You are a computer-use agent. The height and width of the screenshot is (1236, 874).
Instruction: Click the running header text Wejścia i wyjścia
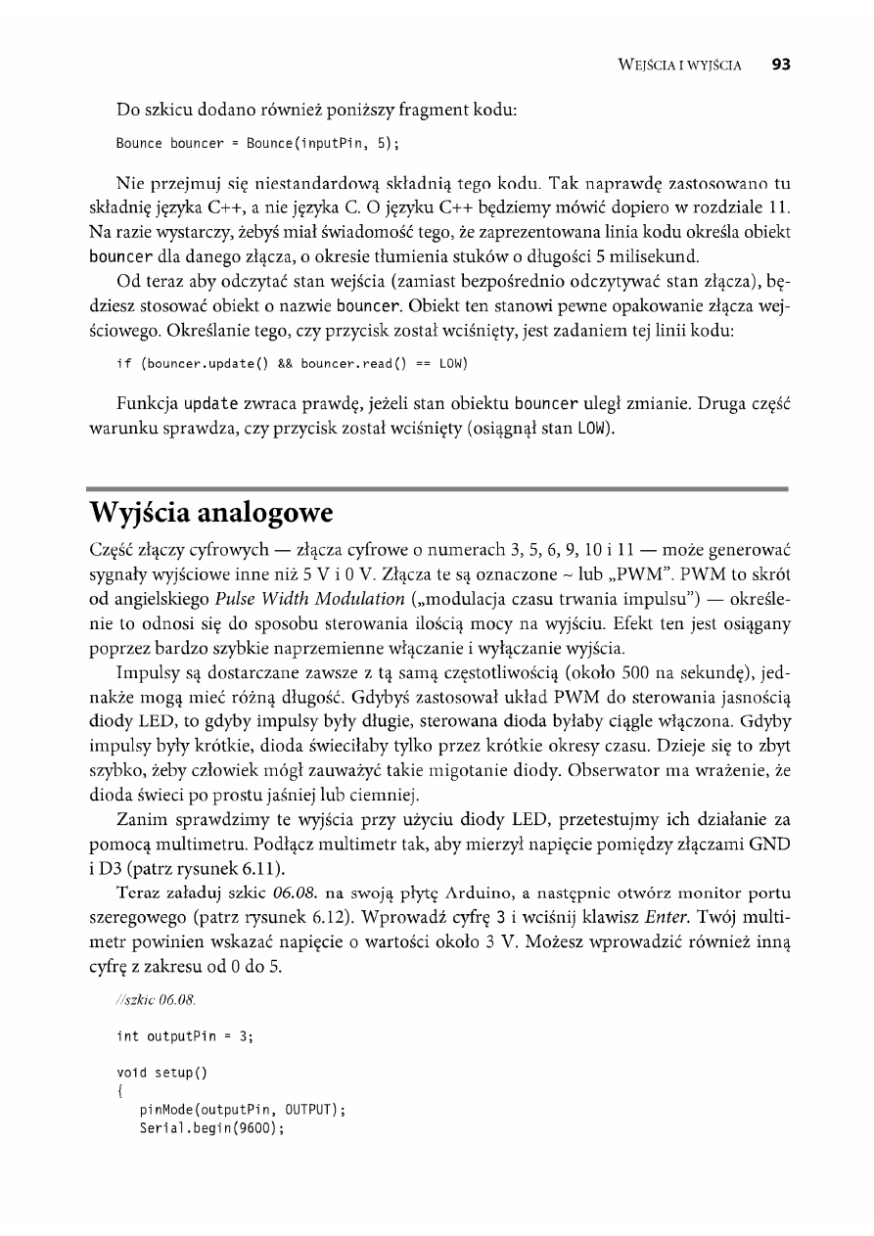(x=681, y=66)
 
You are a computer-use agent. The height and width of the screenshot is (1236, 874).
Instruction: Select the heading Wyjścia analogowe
(x=212, y=512)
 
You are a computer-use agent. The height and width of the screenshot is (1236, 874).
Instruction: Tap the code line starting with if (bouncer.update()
(x=292, y=364)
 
